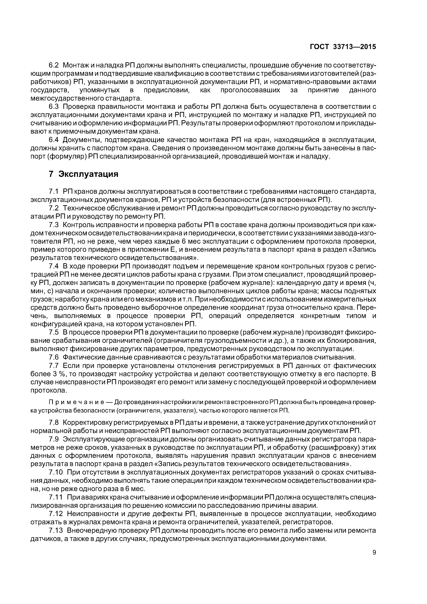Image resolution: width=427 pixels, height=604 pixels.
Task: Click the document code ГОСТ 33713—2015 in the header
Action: (343, 47)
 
